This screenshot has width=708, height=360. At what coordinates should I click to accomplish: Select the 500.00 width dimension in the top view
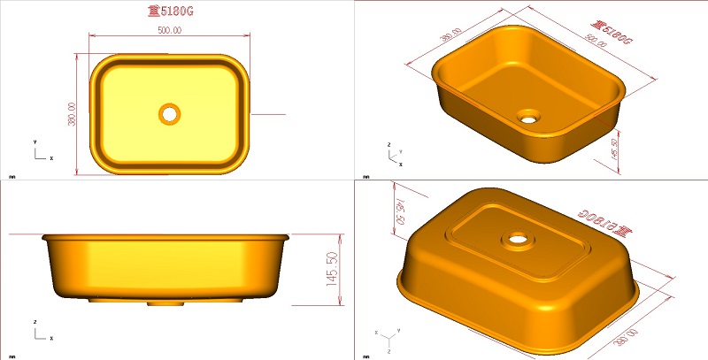(x=169, y=30)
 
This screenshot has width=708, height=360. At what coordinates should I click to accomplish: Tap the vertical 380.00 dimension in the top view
(x=73, y=113)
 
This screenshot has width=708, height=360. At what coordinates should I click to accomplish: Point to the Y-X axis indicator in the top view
(x=40, y=152)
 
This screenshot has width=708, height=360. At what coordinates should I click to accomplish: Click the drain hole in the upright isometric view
(x=530, y=116)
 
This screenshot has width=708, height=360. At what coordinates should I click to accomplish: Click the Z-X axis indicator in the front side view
(x=40, y=333)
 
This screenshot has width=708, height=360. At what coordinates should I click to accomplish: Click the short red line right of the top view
(x=268, y=114)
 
